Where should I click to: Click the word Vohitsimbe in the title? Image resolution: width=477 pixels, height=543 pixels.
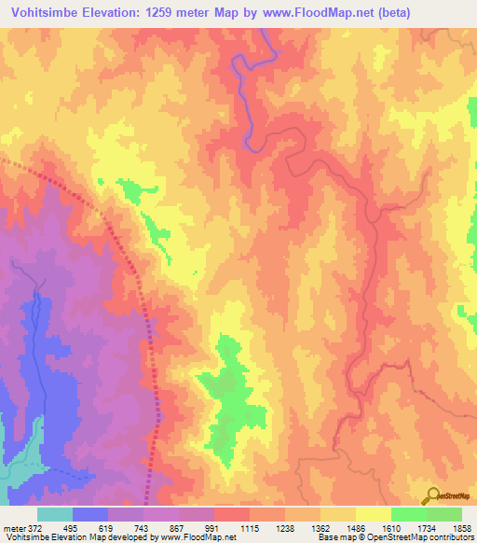click(38, 12)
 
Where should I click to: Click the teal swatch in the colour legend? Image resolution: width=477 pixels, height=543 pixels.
click(55, 514)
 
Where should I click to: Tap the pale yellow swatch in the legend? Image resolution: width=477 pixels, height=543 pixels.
click(373, 514)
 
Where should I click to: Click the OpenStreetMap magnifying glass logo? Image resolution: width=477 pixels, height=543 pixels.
click(429, 495)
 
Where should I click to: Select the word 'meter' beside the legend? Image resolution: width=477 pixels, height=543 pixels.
click(14, 528)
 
